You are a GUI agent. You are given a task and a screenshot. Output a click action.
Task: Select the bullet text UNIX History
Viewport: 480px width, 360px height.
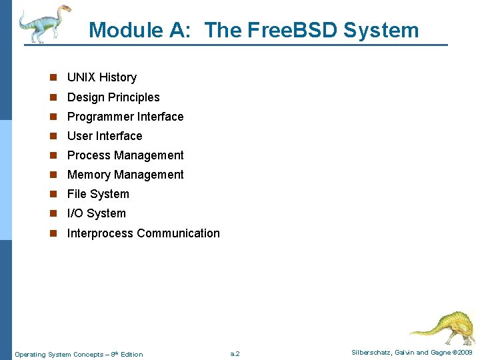pyautogui.click(x=102, y=77)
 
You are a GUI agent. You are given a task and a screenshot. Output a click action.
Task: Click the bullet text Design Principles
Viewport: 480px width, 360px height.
pyautogui.click(x=113, y=97)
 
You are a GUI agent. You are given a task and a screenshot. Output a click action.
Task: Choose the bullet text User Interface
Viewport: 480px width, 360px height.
pyautogui.click(x=105, y=136)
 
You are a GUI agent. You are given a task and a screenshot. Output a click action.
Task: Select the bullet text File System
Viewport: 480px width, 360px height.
pyautogui.click(x=98, y=194)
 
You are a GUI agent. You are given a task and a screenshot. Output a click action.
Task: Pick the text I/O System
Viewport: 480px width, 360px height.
pyautogui.click(x=97, y=213)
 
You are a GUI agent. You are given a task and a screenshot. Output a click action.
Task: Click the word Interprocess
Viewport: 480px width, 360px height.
pyautogui.click(x=100, y=233)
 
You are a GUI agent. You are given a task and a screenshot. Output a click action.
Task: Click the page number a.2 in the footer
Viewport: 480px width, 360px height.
pyautogui.click(x=235, y=354)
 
